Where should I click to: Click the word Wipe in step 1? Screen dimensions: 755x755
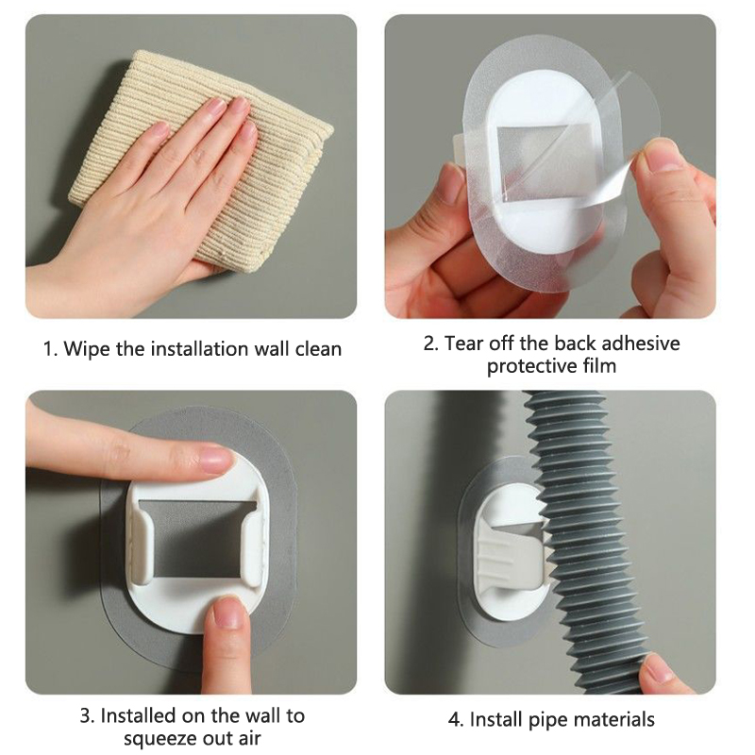click(x=87, y=349)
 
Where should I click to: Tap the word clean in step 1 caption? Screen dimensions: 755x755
click(x=318, y=348)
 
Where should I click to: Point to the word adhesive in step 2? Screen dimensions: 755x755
click(x=641, y=344)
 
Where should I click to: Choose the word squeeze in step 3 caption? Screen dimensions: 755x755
click(x=158, y=739)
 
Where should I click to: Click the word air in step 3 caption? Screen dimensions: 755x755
click(x=247, y=739)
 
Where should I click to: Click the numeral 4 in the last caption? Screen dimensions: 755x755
click(x=454, y=720)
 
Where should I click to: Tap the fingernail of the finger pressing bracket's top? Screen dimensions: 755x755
click(x=216, y=461)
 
